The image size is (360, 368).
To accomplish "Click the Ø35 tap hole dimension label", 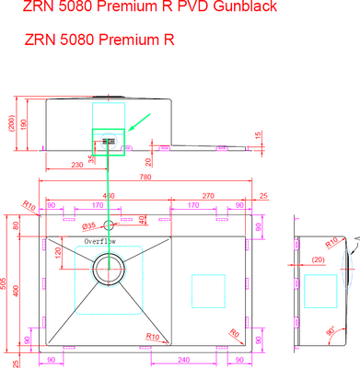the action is coord(88,226).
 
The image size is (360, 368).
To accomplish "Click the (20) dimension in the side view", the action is coord(318,259).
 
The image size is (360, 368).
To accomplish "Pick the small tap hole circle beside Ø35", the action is coord(108,225).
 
